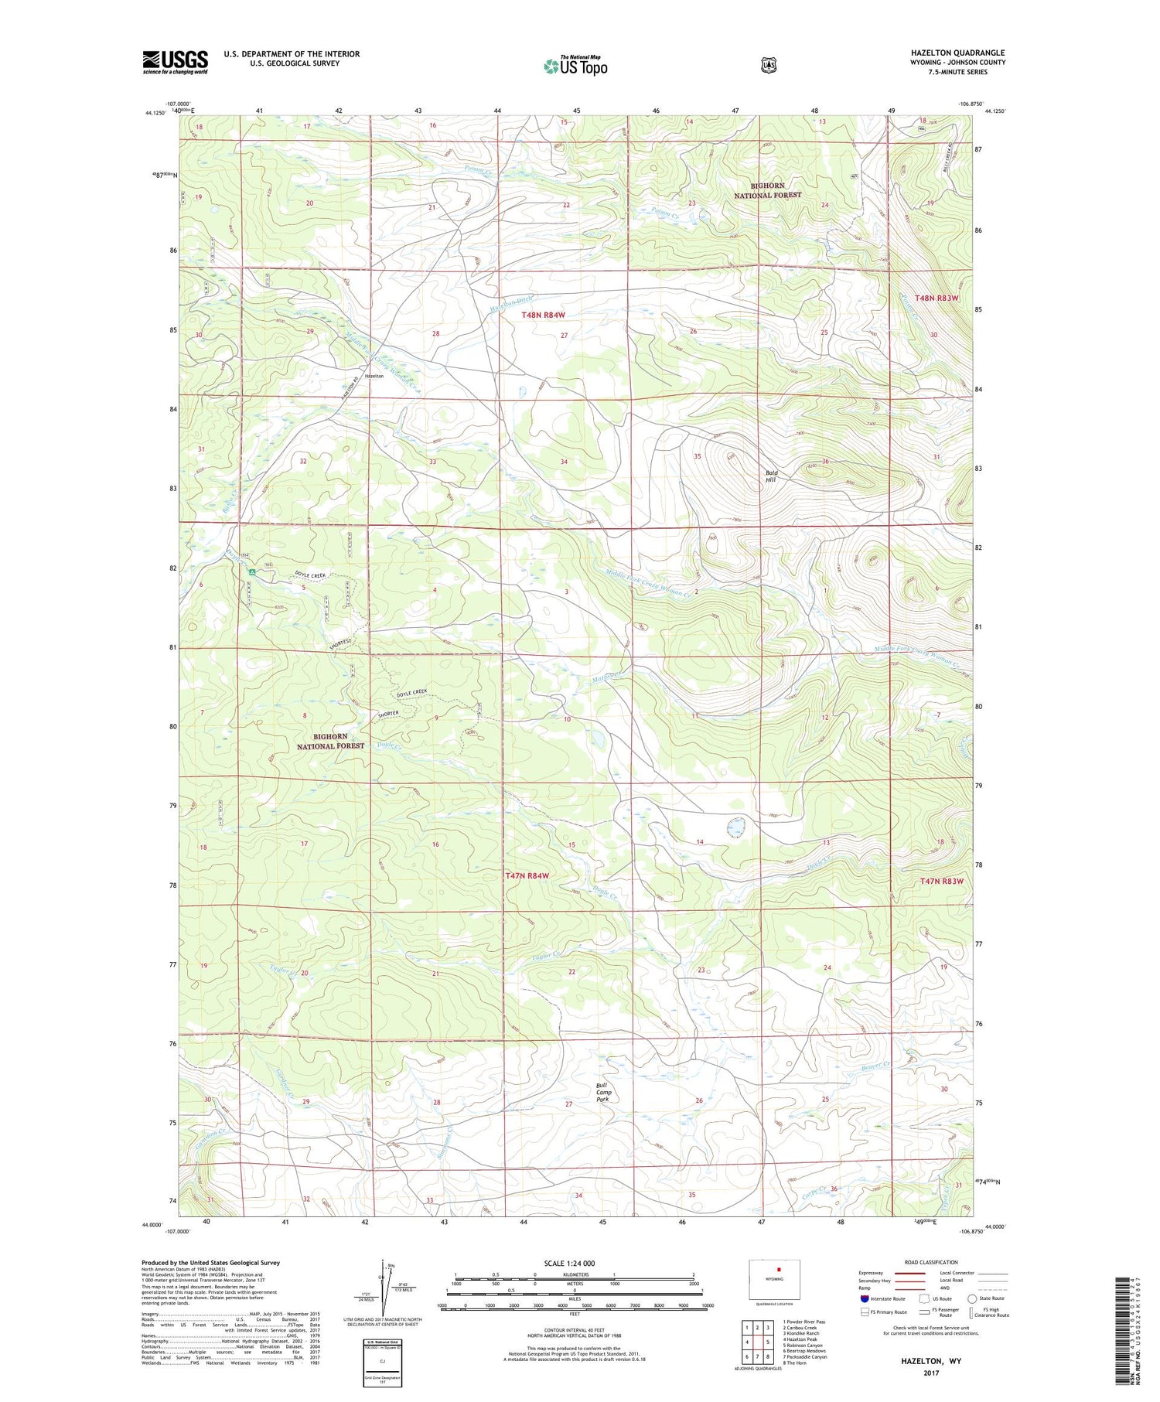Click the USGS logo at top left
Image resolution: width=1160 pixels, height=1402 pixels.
[175, 62]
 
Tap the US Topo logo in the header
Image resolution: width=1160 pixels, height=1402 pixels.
[575, 66]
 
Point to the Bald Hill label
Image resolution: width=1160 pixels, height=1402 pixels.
[770, 476]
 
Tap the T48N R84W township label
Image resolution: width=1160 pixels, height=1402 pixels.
[543, 315]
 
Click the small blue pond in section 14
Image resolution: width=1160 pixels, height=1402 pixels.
[735, 828]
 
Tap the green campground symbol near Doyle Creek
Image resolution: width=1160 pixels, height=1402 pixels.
[252, 572]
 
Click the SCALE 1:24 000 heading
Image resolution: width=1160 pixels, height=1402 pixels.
[569, 1264]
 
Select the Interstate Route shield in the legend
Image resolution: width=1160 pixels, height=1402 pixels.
[864, 1298]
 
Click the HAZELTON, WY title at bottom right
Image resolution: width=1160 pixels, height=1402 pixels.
[930, 1360]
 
